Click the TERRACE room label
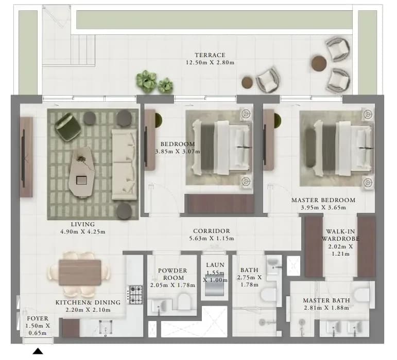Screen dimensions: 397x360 pyautogui.click(x=210, y=55)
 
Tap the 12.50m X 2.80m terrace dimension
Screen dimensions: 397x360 pyautogui.click(x=210, y=62)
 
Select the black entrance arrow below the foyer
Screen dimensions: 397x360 pyautogui.click(x=38, y=351)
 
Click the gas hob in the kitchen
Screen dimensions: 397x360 pyautogui.click(x=136, y=295)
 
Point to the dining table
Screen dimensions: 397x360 pyautogui.click(x=80, y=273)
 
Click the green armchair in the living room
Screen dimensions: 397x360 pyautogui.click(x=67, y=127)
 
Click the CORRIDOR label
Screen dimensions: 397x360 pyautogui.click(x=212, y=231)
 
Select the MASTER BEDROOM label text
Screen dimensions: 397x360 pyautogui.click(x=323, y=200)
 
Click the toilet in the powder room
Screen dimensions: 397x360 pyautogui.click(x=183, y=301)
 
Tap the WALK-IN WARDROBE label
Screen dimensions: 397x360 pyautogui.click(x=340, y=235)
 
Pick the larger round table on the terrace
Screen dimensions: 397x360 pyautogui.click(x=319, y=63)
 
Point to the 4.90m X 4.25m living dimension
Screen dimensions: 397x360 pyautogui.click(x=83, y=231)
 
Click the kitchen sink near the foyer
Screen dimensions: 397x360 pyautogui.click(x=106, y=328)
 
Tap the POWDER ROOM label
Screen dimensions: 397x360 pyautogui.click(x=172, y=274)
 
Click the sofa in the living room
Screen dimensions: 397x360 pyautogui.click(x=124, y=165)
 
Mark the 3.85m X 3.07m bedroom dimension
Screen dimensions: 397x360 pyautogui.click(x=177, y=152)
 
